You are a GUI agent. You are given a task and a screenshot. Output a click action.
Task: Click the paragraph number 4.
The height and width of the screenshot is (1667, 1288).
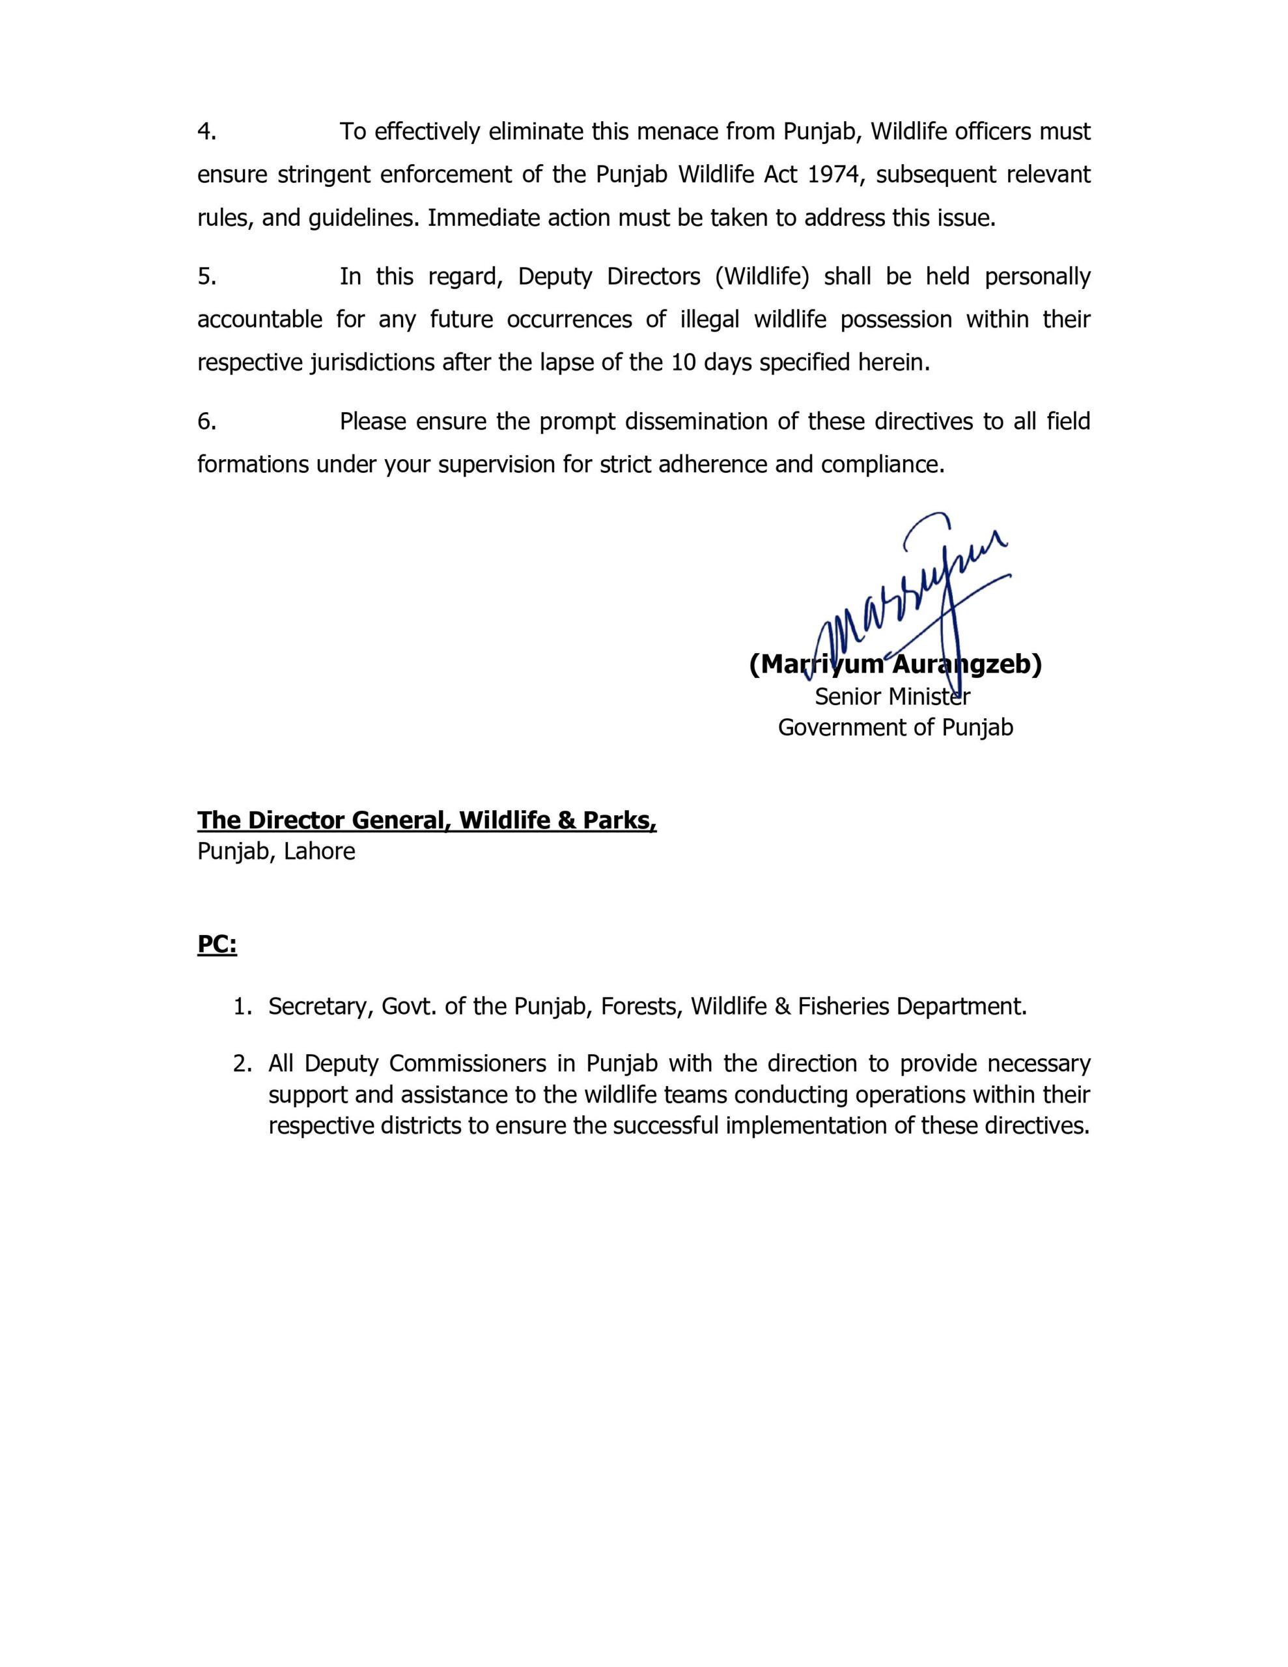click(206, 132)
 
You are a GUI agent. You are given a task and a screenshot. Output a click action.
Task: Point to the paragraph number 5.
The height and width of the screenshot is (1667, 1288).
click(206, 276)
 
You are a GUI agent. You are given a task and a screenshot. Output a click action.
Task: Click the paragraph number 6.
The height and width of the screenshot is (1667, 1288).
click(206, 421)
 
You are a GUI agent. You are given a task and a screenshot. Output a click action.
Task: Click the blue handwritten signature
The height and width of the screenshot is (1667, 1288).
click(916, 603)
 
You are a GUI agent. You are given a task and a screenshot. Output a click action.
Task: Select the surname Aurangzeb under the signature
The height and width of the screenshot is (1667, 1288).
click(966, 665)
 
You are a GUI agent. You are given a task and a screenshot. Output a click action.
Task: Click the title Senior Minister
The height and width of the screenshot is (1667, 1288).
click(891, 697)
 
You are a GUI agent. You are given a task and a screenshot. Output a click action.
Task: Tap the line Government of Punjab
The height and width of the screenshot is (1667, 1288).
click(895, 727)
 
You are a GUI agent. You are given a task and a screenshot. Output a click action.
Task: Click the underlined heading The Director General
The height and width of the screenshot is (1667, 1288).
click(426, 820)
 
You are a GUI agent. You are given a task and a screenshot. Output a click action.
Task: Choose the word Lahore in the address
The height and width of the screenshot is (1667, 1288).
click(319, 851)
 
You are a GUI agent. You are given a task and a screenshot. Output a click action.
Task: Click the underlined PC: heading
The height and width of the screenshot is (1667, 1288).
click(217, 945)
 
